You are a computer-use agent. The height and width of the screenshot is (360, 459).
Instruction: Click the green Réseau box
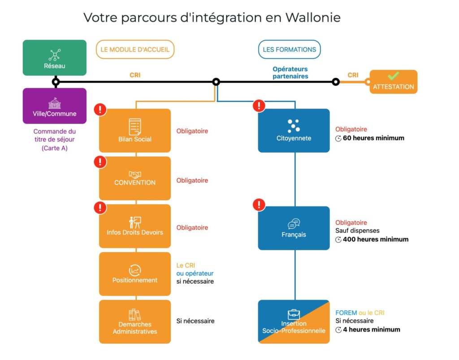tap(55, 58)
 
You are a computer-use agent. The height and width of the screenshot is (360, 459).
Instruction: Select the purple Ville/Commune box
tap(55, 106)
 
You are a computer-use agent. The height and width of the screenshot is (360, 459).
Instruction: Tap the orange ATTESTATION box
tap(393, 82)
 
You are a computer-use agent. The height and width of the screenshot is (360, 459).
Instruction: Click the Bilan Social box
tap(135, 130)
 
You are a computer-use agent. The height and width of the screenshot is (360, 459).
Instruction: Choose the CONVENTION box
tap(135, 178)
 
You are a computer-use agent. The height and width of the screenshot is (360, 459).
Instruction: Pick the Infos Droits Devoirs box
tap(135, 226)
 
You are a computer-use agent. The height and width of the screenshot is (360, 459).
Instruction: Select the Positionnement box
tap(135, 274)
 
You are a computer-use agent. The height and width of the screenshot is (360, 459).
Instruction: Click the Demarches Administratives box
tap(135, 321)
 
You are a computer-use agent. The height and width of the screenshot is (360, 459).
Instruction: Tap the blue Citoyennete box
tap(294, 130)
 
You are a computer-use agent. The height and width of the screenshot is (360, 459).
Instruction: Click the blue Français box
tap(294, 228)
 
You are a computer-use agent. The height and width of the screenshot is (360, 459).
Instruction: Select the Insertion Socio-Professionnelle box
tap(294, 321)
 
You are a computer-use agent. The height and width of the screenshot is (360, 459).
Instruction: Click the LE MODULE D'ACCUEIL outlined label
tap(135, 50)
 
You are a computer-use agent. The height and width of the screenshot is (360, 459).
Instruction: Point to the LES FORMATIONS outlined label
tap(290, 50)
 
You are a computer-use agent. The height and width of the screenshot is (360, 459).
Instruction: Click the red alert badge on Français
tap(259, 205)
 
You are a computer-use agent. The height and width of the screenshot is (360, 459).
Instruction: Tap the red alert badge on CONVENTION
tap(100, 161)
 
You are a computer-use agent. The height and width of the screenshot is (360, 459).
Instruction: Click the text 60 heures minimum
tap(373, 138)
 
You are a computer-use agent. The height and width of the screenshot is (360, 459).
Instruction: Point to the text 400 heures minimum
tap(376, 239)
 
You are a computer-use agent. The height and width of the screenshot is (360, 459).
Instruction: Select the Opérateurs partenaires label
tap(290, 73)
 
